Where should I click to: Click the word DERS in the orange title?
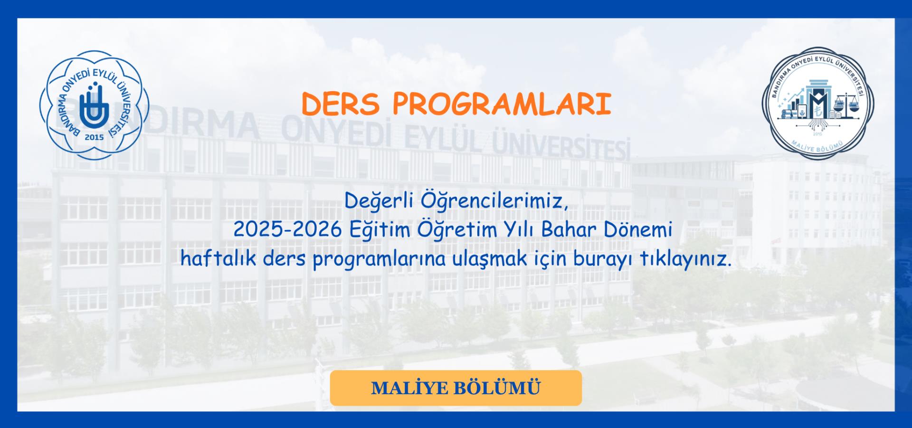(x=341, y=104)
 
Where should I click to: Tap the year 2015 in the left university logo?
(x=94, y=138)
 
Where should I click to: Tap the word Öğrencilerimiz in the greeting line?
(x=494, y=202)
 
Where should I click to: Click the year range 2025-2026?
(x=287, y=230)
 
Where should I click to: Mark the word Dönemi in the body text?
(x=638, y=230)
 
